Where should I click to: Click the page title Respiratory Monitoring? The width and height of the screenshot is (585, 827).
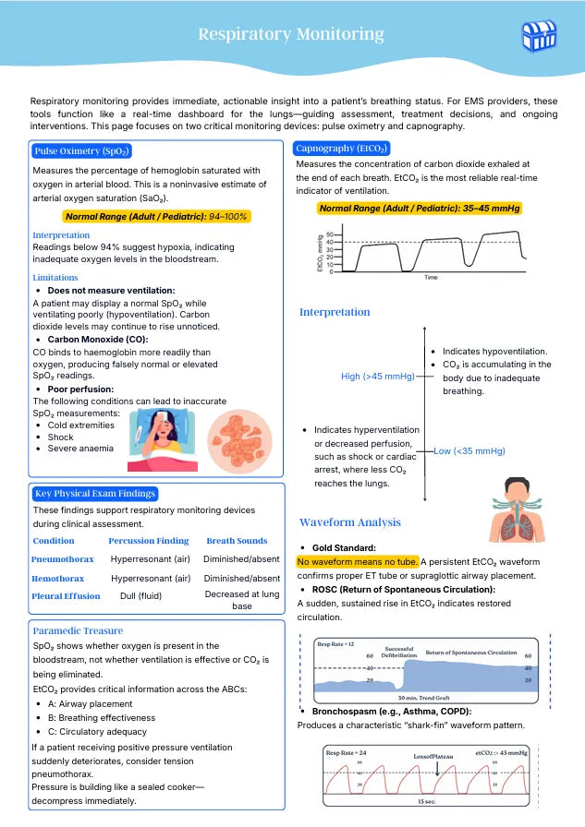click(291, 35)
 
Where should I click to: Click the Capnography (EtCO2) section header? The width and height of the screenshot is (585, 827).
click(342, 148)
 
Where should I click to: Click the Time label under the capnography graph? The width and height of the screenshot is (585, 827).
click(431, 277)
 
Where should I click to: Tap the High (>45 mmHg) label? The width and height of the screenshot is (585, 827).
click(377, 377)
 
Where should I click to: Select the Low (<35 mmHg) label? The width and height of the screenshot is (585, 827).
click(469, 451)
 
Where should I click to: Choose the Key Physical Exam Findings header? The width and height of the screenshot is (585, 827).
click(94, 494)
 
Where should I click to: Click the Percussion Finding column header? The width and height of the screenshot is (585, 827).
click(148, 541)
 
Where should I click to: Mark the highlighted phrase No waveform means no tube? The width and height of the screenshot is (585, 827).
click(357, 561)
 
